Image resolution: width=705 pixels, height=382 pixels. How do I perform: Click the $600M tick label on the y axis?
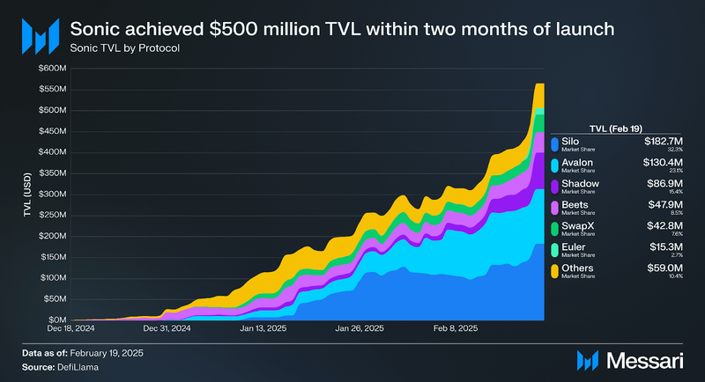pos(54,68)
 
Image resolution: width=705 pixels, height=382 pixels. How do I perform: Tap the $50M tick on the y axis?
pos(56,298)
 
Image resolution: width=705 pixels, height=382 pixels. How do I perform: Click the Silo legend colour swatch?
pos(554,144)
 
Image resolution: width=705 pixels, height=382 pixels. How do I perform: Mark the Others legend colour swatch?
pos(554,271)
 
